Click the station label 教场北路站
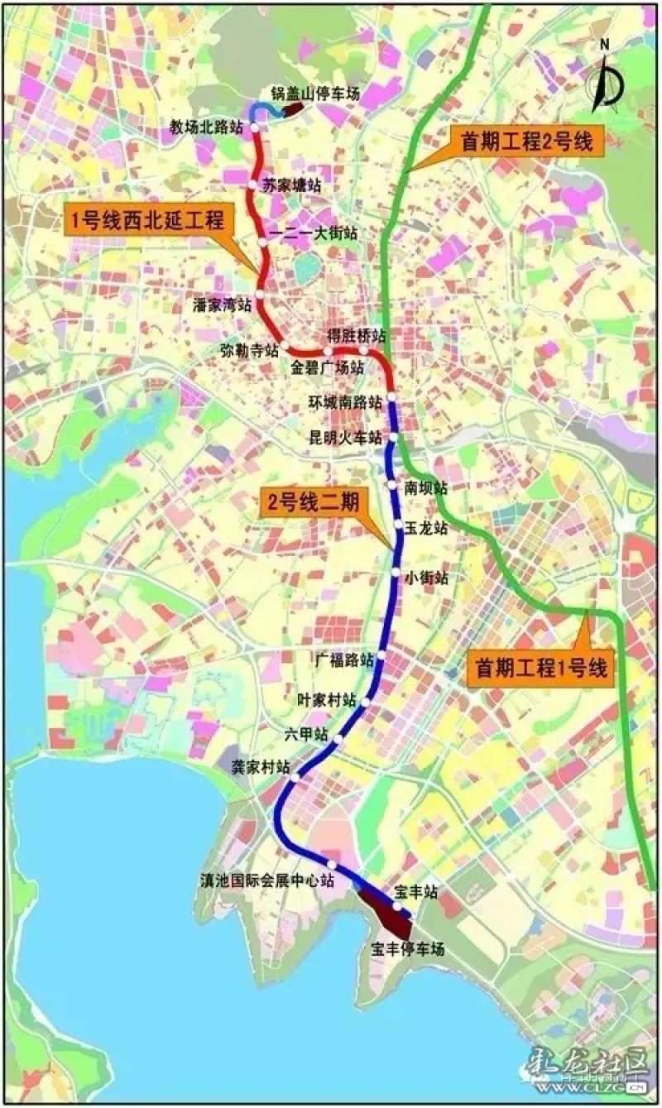(206, 127)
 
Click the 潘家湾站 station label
(222, 304)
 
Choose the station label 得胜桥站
(356, 335)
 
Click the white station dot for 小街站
(396, 573)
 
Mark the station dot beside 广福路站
(381, 660)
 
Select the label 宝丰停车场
(406, 948)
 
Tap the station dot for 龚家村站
(295, 778)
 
